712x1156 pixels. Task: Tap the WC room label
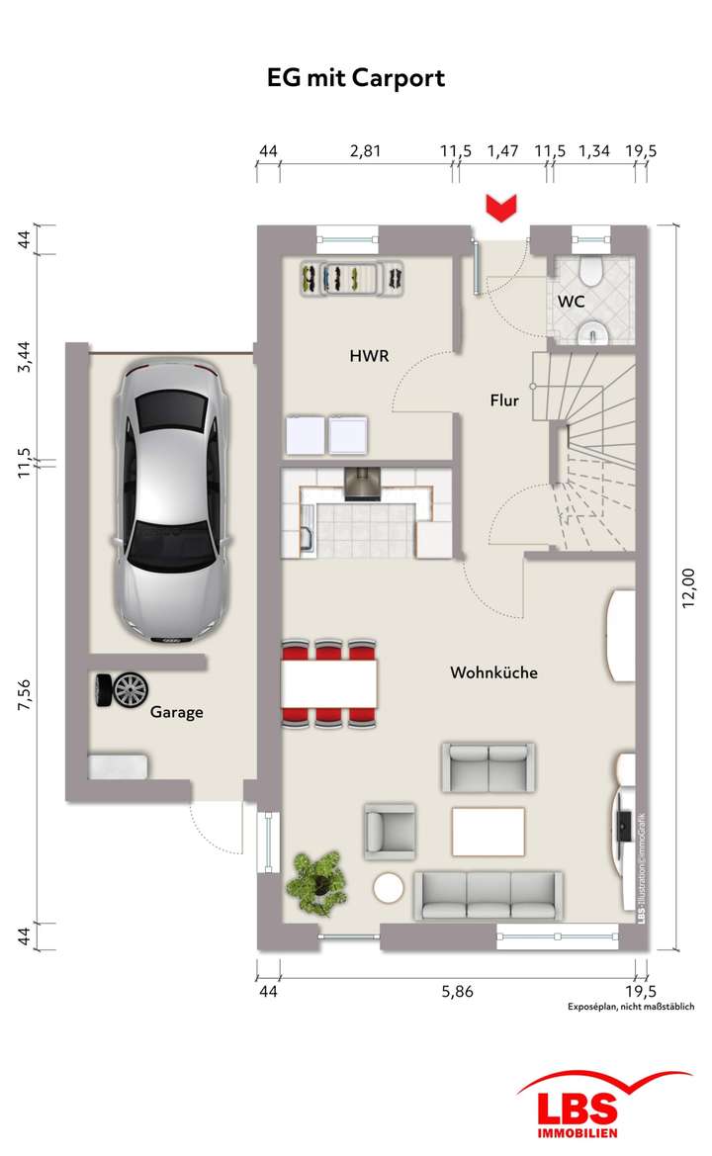point(571,300)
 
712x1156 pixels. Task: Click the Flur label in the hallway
point(504,400)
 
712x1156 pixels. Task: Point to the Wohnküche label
point(493,672)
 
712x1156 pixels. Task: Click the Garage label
point(177,711)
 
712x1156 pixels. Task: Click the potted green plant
point(315,877)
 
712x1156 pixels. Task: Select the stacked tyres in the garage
point(120,689)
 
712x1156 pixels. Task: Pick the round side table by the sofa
point(389,888)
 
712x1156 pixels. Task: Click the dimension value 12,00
point(690,589)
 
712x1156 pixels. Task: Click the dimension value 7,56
point(29,695)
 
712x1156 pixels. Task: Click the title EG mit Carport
point(356,79)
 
